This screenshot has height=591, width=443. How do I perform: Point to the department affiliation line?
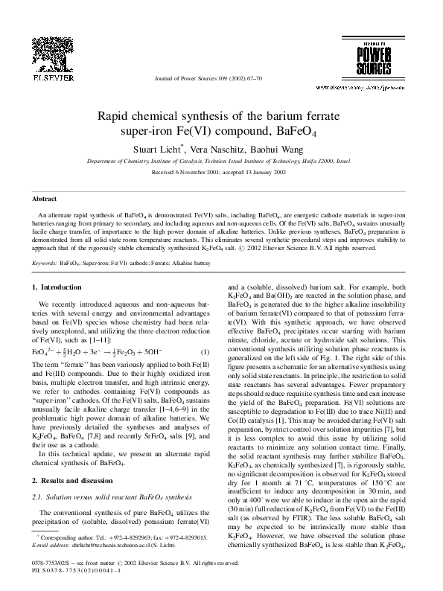tap(221, 160)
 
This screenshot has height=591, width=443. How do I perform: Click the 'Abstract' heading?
tap(44, 199)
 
